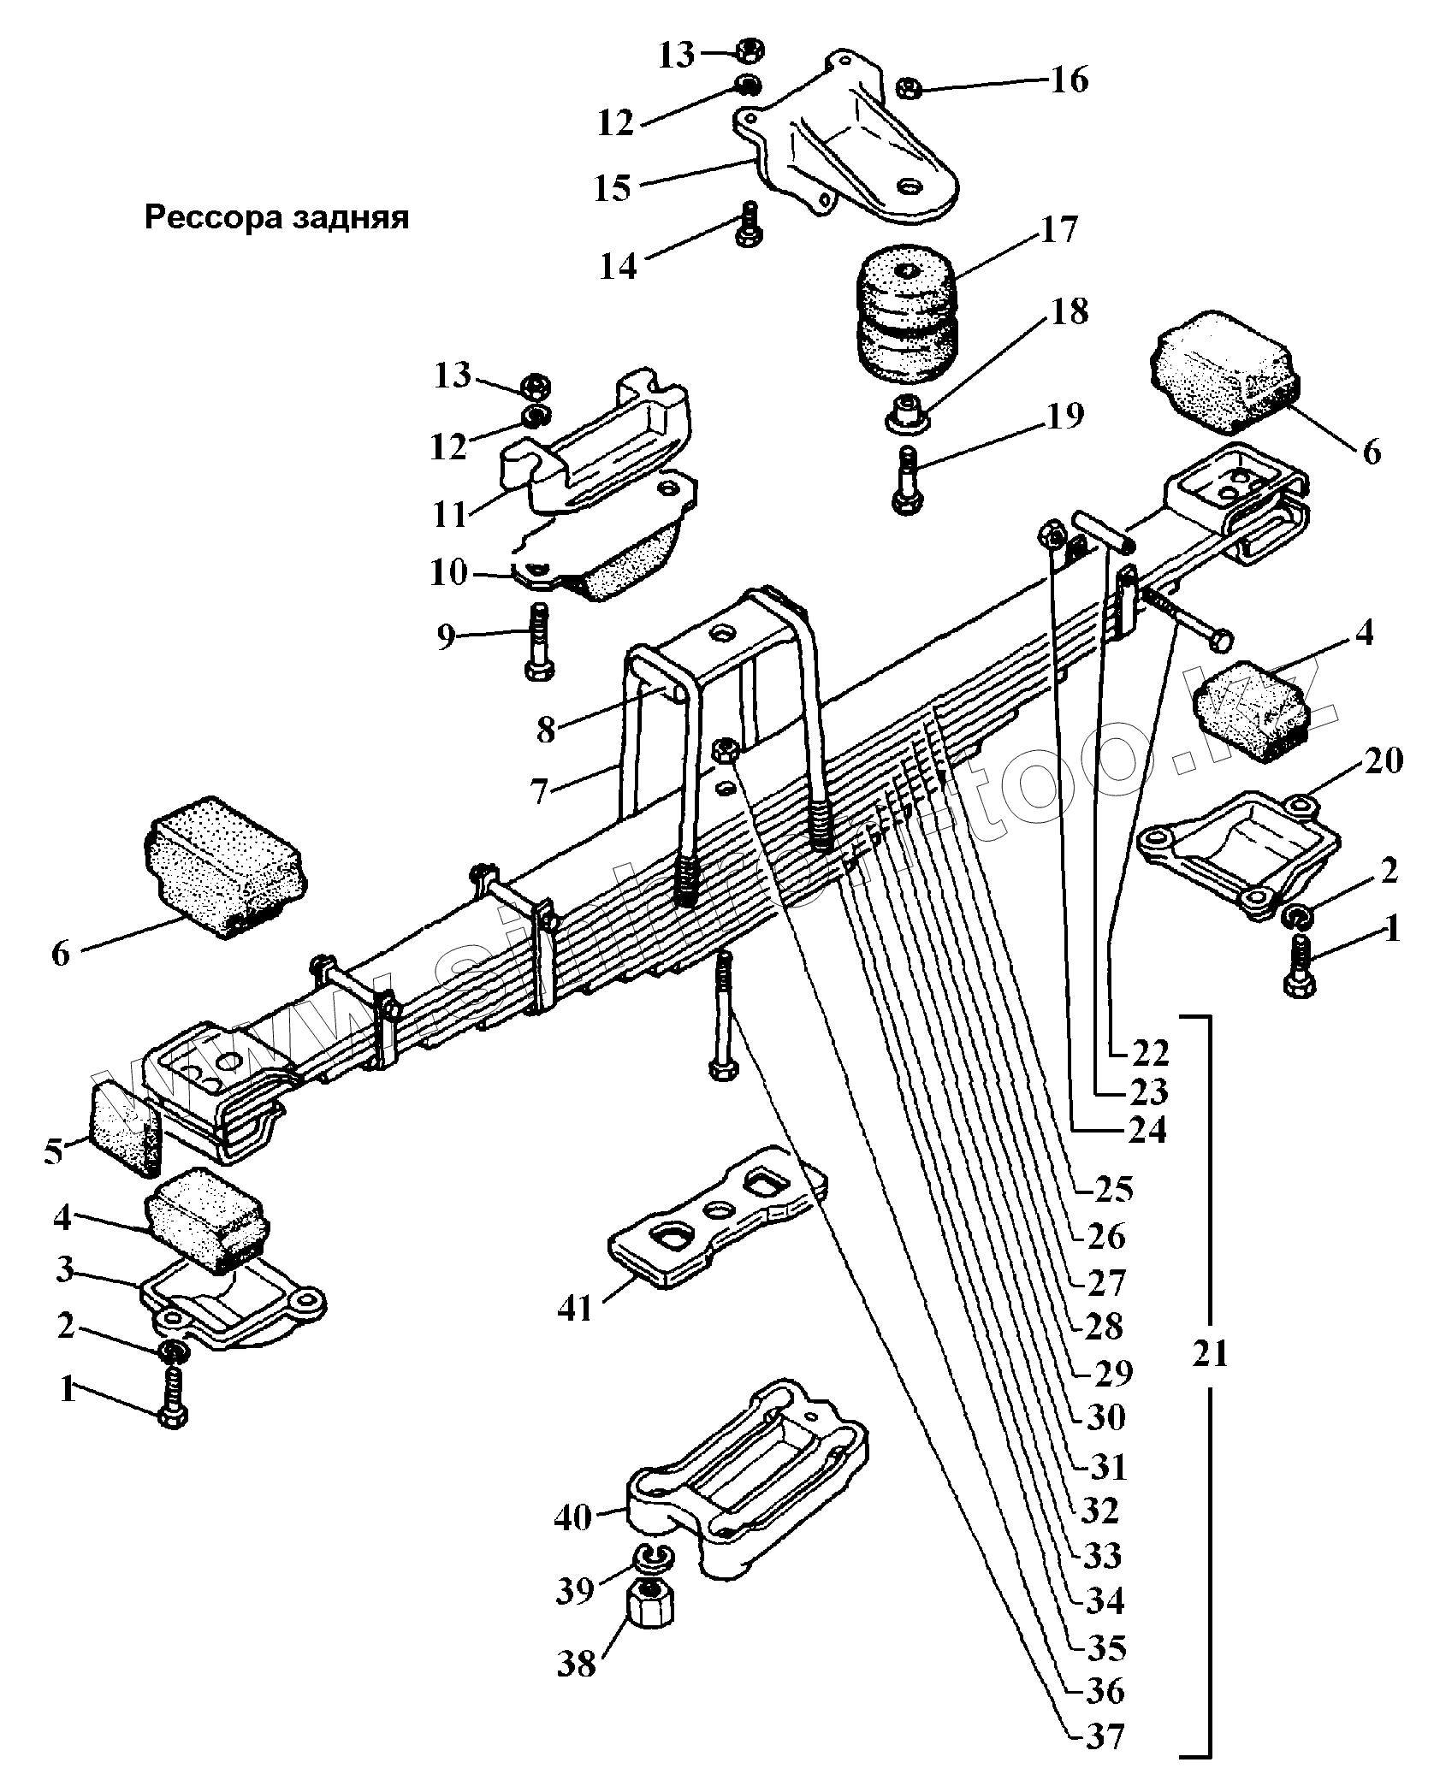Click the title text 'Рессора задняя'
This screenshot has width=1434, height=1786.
pos(276,218)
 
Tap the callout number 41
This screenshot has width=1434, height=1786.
pos(575,1308)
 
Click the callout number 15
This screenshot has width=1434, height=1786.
pos(613,188)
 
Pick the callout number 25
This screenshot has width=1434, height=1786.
pos(1114,1189)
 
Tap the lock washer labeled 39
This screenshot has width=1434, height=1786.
pos(652,1556)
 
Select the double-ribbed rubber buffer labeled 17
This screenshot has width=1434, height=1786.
pos(910,318)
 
